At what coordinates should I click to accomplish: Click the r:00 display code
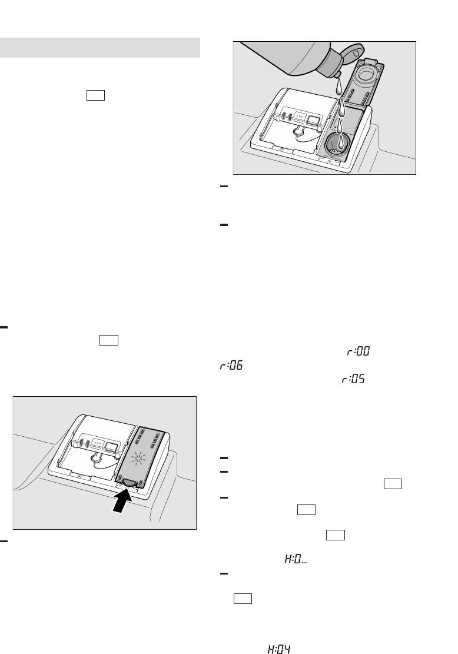(359, 351)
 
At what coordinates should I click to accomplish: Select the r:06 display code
(231, 366)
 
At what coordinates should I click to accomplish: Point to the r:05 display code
(353, 379)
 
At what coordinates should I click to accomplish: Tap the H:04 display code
(278, 649)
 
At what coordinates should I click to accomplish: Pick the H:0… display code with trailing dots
(296, 559)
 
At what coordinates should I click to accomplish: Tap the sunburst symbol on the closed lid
(138, 459)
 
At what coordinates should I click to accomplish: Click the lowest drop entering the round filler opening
(341, 141)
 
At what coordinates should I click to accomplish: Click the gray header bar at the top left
(100, 48)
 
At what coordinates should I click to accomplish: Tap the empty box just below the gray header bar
(95, 95)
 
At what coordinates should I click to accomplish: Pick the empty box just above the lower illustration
(109, 340)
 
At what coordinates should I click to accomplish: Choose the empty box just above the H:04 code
(243, 599)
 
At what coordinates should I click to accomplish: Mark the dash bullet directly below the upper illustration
(224, 187)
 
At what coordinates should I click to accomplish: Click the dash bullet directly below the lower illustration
(4, 542)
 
